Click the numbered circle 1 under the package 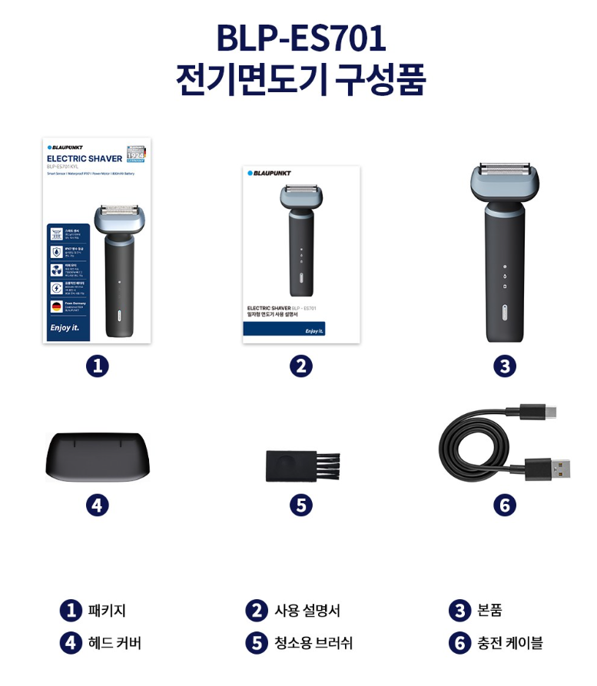point(97,366)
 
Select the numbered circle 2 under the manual point(300,366)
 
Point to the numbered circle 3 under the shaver point(504,366)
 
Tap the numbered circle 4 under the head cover point(97,505)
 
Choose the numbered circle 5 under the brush point(300,505)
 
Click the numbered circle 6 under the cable point(504,505)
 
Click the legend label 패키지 point(107,611)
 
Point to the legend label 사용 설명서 point(307,611)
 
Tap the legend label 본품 point(489,611)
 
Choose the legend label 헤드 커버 point(114,643)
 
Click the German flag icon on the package point(57,306)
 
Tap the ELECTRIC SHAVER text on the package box point(85,158)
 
